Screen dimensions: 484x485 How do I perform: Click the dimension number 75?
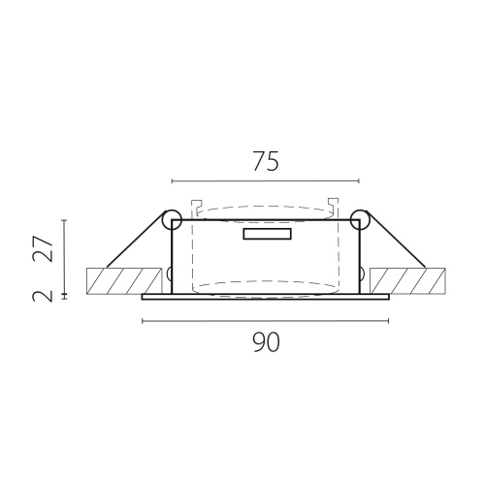(266, 161)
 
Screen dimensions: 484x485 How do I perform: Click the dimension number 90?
(266, 342)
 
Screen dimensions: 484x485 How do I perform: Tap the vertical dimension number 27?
(43, 248)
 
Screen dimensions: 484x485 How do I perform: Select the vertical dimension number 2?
(43, 296)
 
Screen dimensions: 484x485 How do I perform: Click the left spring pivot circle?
(172, 219)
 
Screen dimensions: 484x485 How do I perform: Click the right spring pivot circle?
(360, 219)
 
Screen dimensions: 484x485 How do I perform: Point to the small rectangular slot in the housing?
(267, 234)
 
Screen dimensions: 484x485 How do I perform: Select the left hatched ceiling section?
(124, 281)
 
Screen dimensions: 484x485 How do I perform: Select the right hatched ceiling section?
(407, 281)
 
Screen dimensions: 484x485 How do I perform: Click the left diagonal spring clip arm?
(136, 240)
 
